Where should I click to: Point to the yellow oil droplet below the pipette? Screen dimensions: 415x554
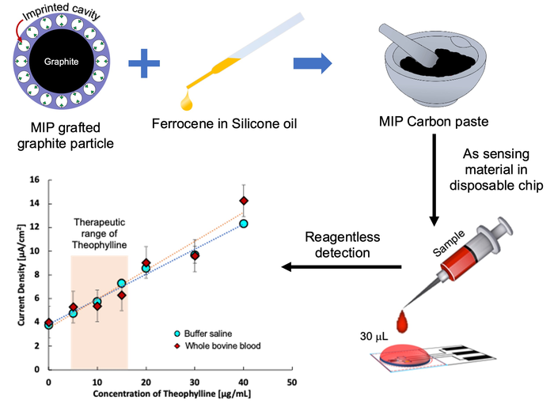point(187,101)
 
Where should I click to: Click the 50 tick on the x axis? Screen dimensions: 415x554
point(291,381)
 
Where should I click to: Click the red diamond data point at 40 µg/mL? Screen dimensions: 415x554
point(244,201)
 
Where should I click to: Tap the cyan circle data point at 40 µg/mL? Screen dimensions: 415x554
point(244,224)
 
